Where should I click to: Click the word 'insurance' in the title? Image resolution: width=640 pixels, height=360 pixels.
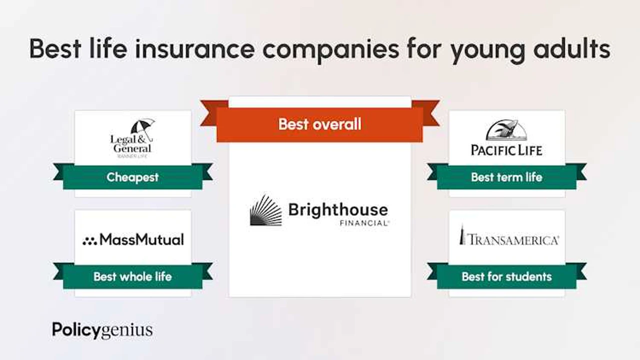(194, 49)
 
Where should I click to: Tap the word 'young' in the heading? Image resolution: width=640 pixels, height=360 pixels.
(488, 51)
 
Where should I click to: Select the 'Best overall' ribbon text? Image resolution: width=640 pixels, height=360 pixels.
(319, 124)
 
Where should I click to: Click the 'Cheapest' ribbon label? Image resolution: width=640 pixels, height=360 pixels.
(132, 177)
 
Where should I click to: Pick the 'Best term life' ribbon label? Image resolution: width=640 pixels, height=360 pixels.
(506, 177)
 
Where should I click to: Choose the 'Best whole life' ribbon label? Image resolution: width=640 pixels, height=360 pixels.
(132, 276)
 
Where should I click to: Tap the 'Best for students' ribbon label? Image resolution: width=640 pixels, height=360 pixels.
(506, 276)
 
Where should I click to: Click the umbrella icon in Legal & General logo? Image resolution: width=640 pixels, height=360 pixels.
(143, 129)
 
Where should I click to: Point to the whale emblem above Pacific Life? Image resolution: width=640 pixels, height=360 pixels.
(506, 130)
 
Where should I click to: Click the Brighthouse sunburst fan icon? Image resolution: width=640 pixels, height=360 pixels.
(266, 210)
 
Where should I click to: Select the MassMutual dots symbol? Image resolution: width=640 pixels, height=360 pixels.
(89, 241)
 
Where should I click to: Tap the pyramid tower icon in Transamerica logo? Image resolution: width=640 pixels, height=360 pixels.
(461, 235)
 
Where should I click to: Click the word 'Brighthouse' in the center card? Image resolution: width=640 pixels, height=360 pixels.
(338, 210)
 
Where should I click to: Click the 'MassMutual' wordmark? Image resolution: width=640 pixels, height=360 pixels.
(141, 239)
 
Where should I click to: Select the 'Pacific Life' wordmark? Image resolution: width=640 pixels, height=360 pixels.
(506, 150)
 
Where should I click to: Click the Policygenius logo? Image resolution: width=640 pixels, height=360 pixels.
(102, 330)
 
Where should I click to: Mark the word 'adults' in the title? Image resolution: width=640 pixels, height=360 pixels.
(571, 49)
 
